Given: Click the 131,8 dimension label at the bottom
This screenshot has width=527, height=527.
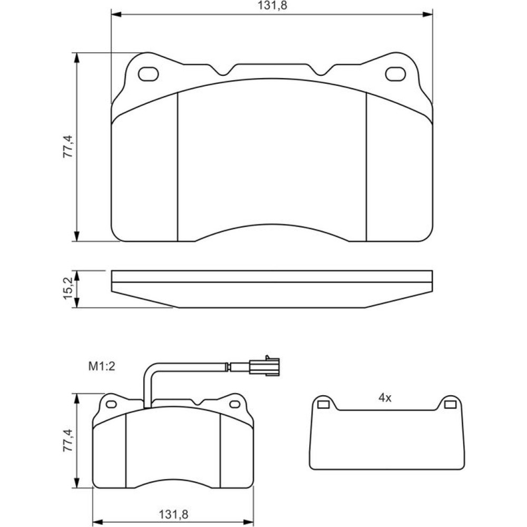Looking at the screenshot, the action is coord(173,514).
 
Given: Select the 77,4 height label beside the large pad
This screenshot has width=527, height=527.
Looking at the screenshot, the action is coord(68,147).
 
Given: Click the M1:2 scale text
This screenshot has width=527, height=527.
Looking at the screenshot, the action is coord(102,366).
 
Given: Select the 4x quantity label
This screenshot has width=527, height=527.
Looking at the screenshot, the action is coord(385,398).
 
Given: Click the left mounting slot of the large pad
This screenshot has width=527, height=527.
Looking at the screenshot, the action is coord(148,74).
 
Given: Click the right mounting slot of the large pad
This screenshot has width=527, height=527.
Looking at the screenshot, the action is coord(395,74).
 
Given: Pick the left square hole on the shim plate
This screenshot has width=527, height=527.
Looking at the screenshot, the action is coord(323,405).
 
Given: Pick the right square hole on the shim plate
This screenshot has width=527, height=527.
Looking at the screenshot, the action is coord(450,405).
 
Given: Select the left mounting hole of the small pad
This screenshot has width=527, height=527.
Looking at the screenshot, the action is coord(111,404).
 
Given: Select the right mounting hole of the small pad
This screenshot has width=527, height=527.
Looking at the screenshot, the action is coord(235,404).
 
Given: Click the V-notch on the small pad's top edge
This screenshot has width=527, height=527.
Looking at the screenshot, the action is coord(197,402).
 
